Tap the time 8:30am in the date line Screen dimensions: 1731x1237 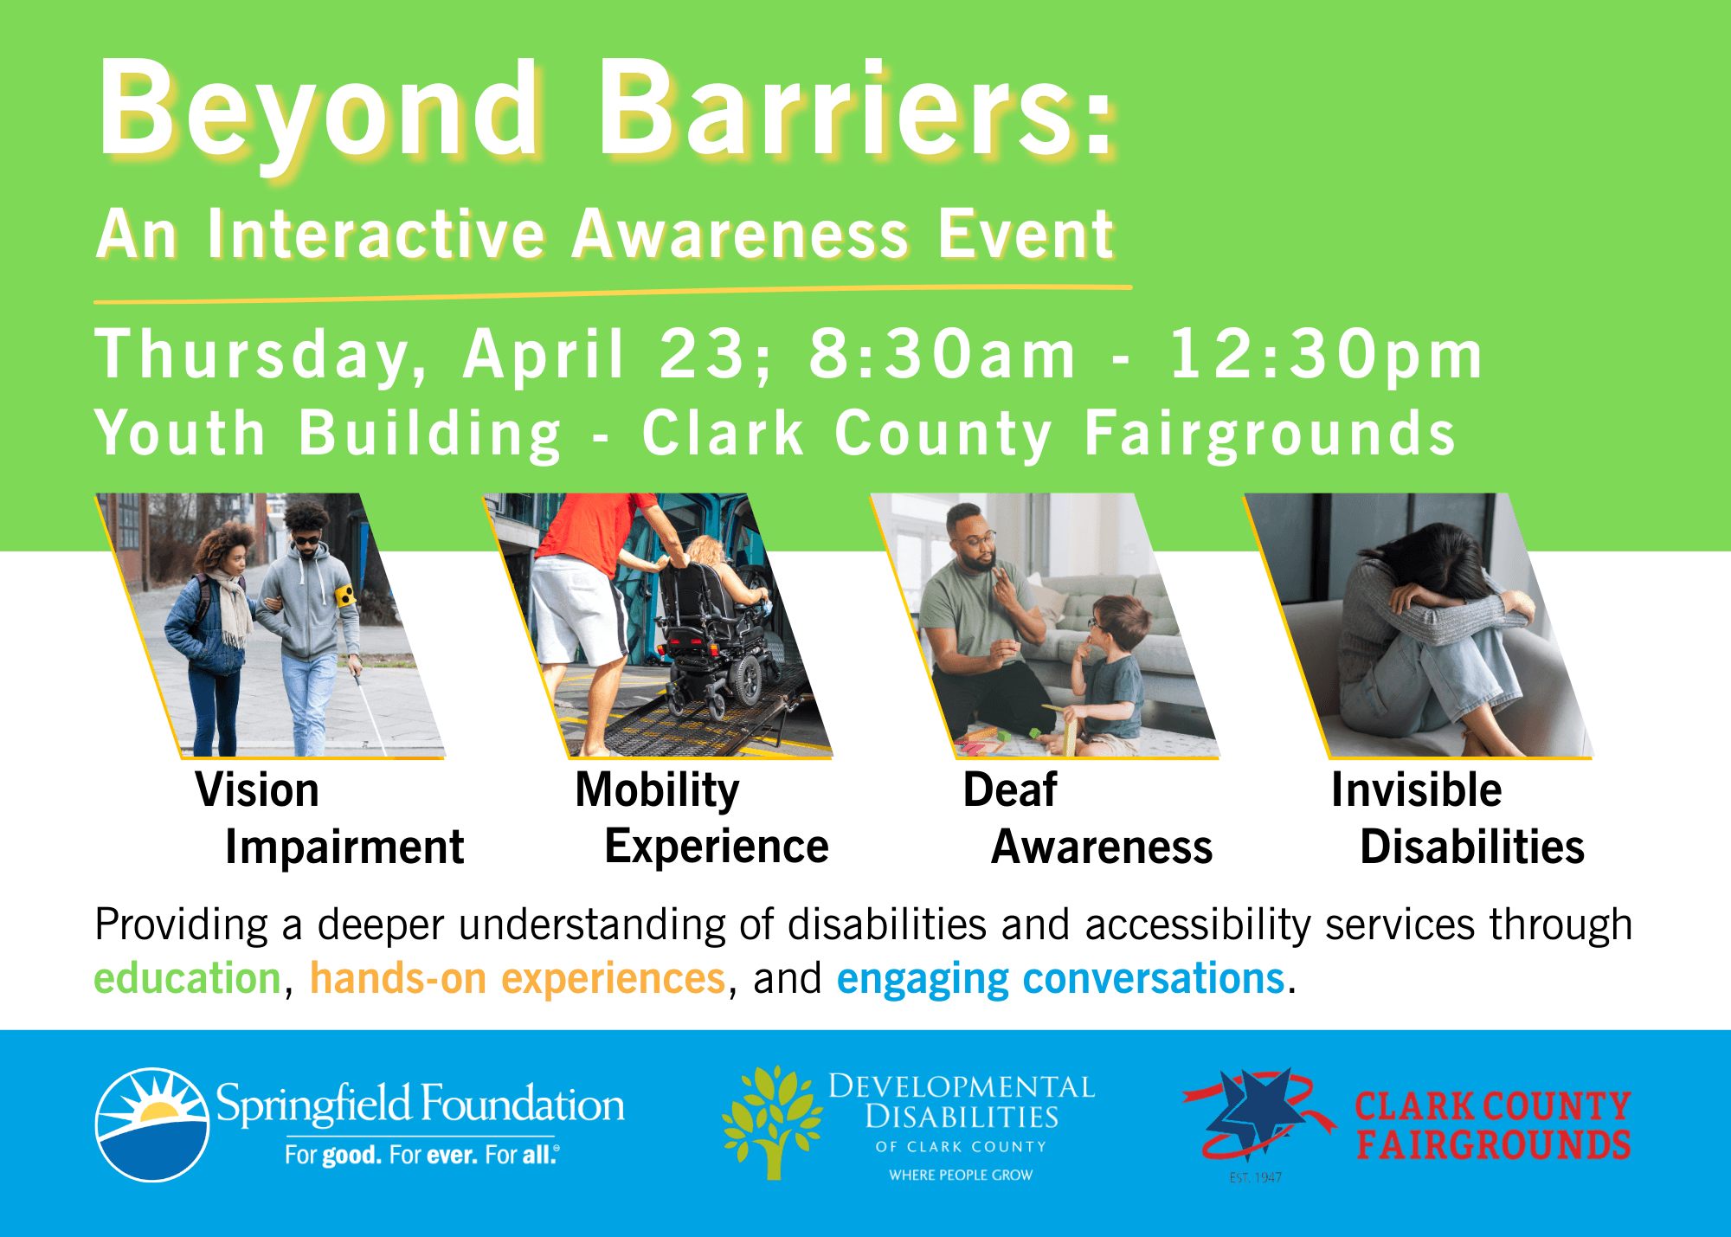coord(942,355)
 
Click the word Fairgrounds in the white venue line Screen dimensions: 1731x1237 coord(1270,435)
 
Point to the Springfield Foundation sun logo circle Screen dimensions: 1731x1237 coord(152,1124)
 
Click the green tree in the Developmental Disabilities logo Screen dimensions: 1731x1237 coord(772,1122)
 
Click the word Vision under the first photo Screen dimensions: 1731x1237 coord(257,790)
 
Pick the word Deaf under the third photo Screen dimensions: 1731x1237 coord(1010,789)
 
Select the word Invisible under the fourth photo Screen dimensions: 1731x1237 coord(1417,789)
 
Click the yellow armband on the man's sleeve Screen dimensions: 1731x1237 coord(345,595)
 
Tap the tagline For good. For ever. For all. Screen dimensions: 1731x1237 coord(422,1155)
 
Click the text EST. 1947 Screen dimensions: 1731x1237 coord(1256,1177)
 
